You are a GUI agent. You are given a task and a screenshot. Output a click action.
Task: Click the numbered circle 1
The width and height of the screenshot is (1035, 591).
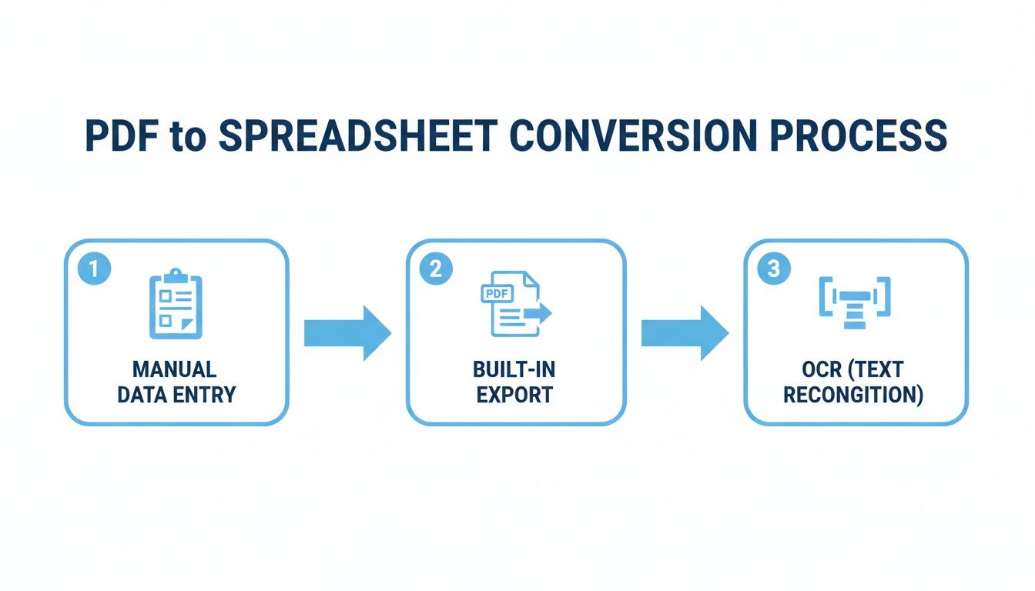[94, 269]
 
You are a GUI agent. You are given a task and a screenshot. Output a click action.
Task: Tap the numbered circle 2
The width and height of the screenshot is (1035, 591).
[436, 269]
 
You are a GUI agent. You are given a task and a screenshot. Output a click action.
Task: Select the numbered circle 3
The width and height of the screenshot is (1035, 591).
[774, 269]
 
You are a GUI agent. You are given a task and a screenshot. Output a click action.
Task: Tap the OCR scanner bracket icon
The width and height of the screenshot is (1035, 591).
[854, 303]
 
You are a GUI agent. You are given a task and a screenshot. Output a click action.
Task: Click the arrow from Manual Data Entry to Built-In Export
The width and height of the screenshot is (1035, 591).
[347, 332]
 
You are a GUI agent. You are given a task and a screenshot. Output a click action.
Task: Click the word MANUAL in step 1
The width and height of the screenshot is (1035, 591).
[175, 370]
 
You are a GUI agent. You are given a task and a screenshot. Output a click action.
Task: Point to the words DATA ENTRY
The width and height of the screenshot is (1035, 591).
[176, 396]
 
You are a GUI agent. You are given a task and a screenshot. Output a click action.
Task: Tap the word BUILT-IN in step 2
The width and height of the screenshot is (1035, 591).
[514, 370]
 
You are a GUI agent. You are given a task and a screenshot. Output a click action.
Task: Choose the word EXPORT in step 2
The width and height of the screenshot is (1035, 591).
[514, 396]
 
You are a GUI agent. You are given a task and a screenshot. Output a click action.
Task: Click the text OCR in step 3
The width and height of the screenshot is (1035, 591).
[822, 370]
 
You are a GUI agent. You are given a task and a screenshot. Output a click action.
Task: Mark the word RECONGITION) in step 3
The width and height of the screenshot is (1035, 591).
[853, 396]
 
